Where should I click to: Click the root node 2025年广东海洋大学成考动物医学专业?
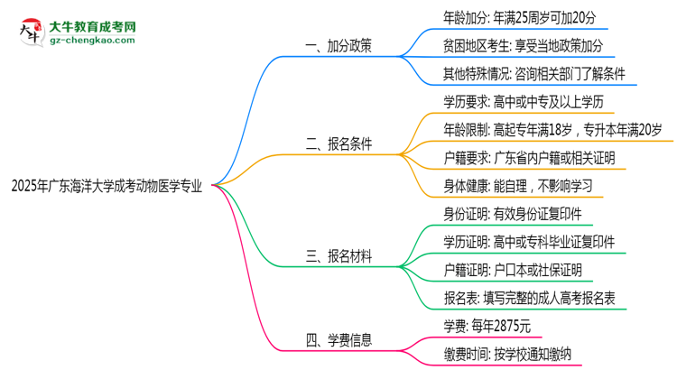107,186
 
